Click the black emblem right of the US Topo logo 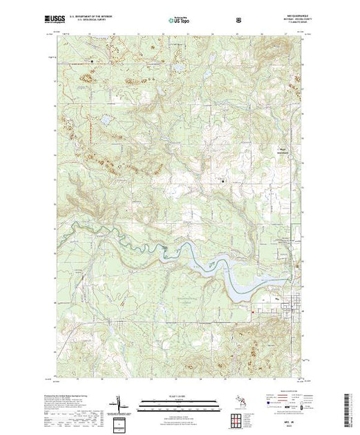coord(238,19)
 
